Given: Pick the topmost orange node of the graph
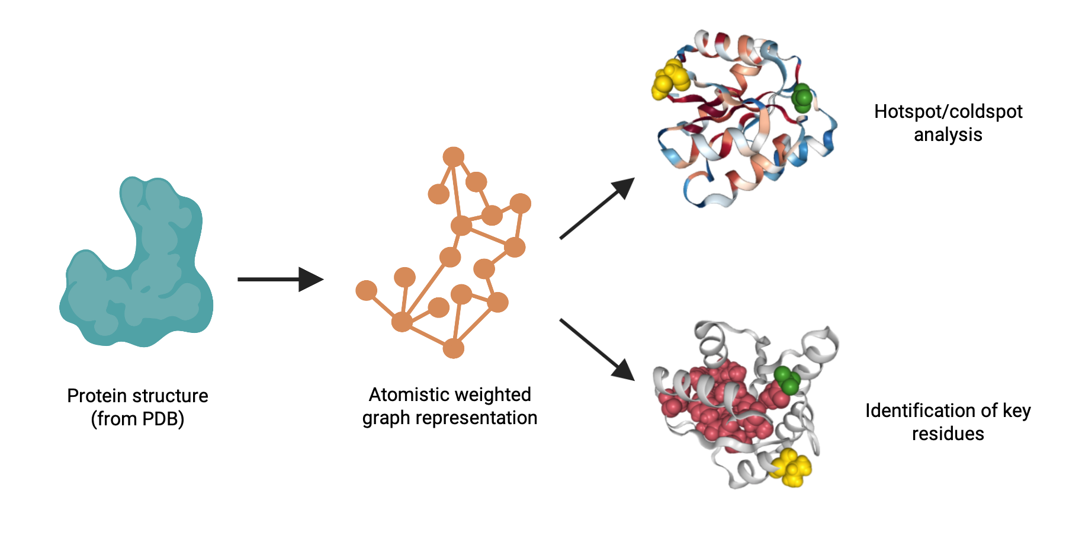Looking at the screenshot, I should tap(454, 157).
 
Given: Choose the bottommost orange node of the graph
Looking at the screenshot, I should tap(454, 348).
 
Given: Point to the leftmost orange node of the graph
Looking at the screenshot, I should tap(366, 290).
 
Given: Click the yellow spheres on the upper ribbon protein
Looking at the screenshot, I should tap(670, 79).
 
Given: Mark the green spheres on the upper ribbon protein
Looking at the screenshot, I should tap(802, 98).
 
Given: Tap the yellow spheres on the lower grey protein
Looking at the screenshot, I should tap(791, 468).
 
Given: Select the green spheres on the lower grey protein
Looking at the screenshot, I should tap(787, 380).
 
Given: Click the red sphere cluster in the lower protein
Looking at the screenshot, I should tap(723, 403).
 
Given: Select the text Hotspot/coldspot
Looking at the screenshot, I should tap(948, 111).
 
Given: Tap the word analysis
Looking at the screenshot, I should tap(948, 134).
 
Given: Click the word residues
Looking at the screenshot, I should tap(948, 434).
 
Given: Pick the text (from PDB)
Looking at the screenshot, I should tap(137, 419).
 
